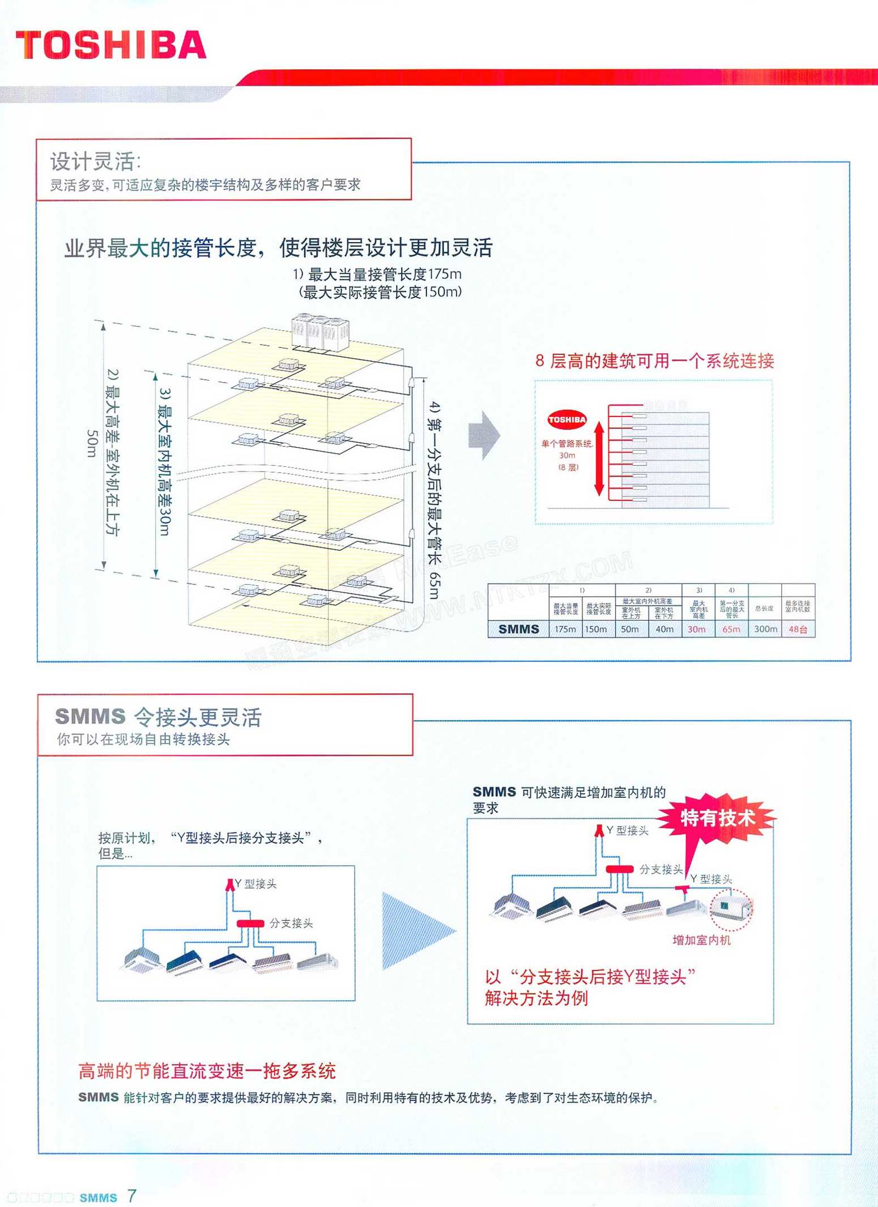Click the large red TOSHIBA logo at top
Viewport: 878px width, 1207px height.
111,45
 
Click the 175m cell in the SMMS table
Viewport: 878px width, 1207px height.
565,629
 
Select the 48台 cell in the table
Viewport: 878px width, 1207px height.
798,629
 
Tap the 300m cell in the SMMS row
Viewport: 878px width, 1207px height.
765,629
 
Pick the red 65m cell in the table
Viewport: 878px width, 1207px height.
731,629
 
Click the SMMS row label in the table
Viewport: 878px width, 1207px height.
518,629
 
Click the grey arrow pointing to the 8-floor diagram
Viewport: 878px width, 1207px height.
484,435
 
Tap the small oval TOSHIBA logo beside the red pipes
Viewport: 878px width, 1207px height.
566,420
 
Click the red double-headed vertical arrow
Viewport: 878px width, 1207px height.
599,459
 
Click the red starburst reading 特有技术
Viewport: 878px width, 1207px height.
717,818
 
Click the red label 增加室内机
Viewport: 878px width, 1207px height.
701,940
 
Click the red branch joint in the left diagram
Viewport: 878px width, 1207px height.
250,923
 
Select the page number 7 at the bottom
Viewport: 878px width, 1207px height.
131,1196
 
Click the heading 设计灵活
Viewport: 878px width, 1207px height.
95,161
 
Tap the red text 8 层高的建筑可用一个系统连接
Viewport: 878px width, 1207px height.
654,360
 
